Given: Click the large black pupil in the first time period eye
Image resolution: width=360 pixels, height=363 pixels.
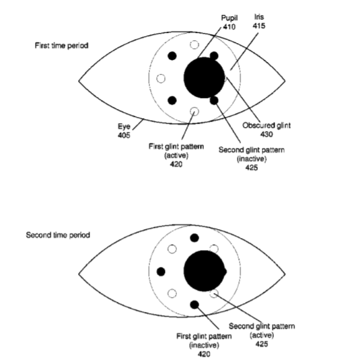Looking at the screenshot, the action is coord(204,77).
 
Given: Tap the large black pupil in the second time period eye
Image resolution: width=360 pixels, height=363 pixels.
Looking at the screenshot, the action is coord(204,271).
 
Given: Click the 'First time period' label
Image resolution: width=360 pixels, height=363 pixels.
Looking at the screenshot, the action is coord(61,46).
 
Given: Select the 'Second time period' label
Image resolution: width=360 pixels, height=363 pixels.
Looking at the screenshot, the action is coord(58,235).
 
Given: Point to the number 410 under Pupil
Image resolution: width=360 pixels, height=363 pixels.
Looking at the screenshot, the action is coord(229,27).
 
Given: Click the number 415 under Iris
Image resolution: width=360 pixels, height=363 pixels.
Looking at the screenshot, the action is coord(259,26).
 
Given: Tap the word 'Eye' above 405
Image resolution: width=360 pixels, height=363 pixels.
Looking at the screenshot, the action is coord(124,126).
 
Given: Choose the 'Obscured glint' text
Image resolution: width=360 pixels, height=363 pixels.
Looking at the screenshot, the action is coord(266,125).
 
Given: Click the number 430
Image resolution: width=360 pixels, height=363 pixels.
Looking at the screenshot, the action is coord(266,134).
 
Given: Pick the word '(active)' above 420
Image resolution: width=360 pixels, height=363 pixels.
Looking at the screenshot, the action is coord(176,155).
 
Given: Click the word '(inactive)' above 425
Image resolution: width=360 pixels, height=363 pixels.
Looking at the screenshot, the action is coord(252,159).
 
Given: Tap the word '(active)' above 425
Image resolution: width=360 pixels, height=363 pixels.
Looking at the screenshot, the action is coord(262,335).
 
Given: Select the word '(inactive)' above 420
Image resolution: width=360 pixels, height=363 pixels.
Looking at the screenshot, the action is coord(204,345).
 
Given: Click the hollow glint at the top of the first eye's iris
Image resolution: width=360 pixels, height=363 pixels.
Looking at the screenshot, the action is coord(194,44).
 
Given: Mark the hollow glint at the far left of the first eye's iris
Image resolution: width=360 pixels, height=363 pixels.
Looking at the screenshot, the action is coord(161,79).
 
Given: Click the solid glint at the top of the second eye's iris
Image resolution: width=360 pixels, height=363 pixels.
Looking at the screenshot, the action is coord(194,238).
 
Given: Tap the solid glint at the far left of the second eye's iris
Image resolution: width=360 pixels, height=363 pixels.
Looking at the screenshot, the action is coord(161,272).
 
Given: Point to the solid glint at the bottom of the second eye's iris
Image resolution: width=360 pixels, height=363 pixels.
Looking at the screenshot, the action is coord(194,305).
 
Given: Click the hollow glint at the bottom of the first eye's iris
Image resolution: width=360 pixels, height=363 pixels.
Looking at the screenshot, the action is coord(194,112).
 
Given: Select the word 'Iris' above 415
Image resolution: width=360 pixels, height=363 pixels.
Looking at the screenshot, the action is coord(259,17).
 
